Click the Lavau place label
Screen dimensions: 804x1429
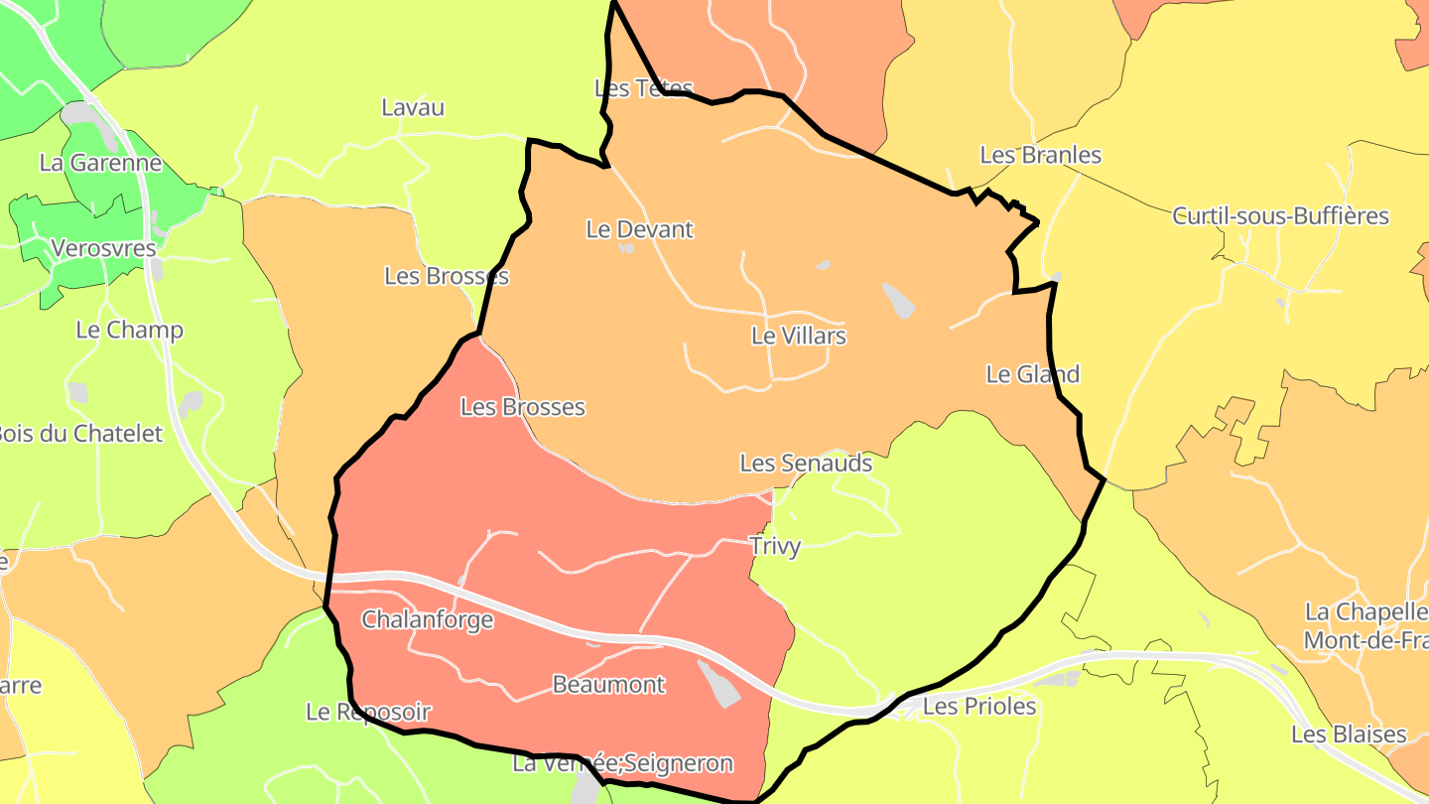click(x=413, y=107)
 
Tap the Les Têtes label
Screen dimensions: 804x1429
click(x=643, y=88)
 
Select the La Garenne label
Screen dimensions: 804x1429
click(x=100, y=163)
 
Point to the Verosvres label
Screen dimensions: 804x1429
click(x=103, y=247)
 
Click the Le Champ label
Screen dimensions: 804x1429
click(x=129, y=330)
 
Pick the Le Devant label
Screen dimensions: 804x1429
click(x=639, y=229)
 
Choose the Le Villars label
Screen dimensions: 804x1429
click(x=798, y=335)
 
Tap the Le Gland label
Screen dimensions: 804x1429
click(x=1032, y=374)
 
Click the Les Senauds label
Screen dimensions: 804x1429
click(x=806, y=463)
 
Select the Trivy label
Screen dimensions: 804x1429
click(x=775, y=546)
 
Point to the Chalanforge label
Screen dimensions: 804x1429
click(x=427, y=620)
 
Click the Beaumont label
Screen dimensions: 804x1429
click(x=608, y=684)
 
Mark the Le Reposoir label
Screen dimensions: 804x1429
click(x=368, y=712)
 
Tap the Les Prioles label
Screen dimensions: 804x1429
click(x=978, y=706)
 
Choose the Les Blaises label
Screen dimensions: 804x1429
click(x=1349, y=735)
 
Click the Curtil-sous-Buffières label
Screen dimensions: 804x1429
click(x=1280, y=215)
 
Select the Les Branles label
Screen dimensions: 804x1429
click(x=1040, y=155)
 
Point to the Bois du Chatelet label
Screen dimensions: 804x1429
click(x=79, y=433)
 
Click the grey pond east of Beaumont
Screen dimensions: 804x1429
click(x=719, y=684)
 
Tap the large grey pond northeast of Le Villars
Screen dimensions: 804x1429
click(x=898, y=301)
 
